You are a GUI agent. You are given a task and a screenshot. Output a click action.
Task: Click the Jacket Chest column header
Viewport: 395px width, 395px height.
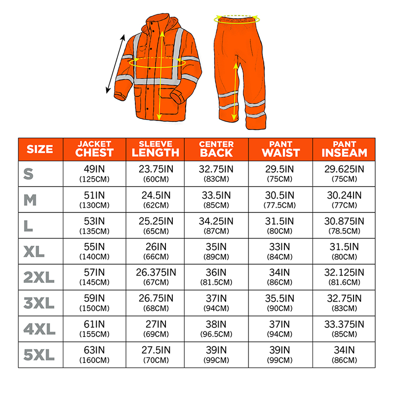(94, 149)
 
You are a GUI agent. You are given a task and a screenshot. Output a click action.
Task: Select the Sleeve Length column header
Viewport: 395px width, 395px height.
(155, 149)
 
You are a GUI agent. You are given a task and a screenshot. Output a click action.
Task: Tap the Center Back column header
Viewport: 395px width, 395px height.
(216, 149)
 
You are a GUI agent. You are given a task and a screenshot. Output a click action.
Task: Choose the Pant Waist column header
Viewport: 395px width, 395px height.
(280, 149)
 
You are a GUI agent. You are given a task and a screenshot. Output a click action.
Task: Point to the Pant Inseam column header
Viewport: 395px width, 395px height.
(345, 149)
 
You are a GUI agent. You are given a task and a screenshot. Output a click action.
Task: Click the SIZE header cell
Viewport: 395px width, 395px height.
(40, 149)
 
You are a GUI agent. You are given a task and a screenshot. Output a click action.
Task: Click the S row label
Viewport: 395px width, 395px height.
(29, 174)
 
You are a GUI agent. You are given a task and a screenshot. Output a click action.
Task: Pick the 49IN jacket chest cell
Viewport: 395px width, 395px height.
(94, 173)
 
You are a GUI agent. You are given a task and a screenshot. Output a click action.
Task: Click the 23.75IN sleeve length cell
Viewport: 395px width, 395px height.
(155, 173)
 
